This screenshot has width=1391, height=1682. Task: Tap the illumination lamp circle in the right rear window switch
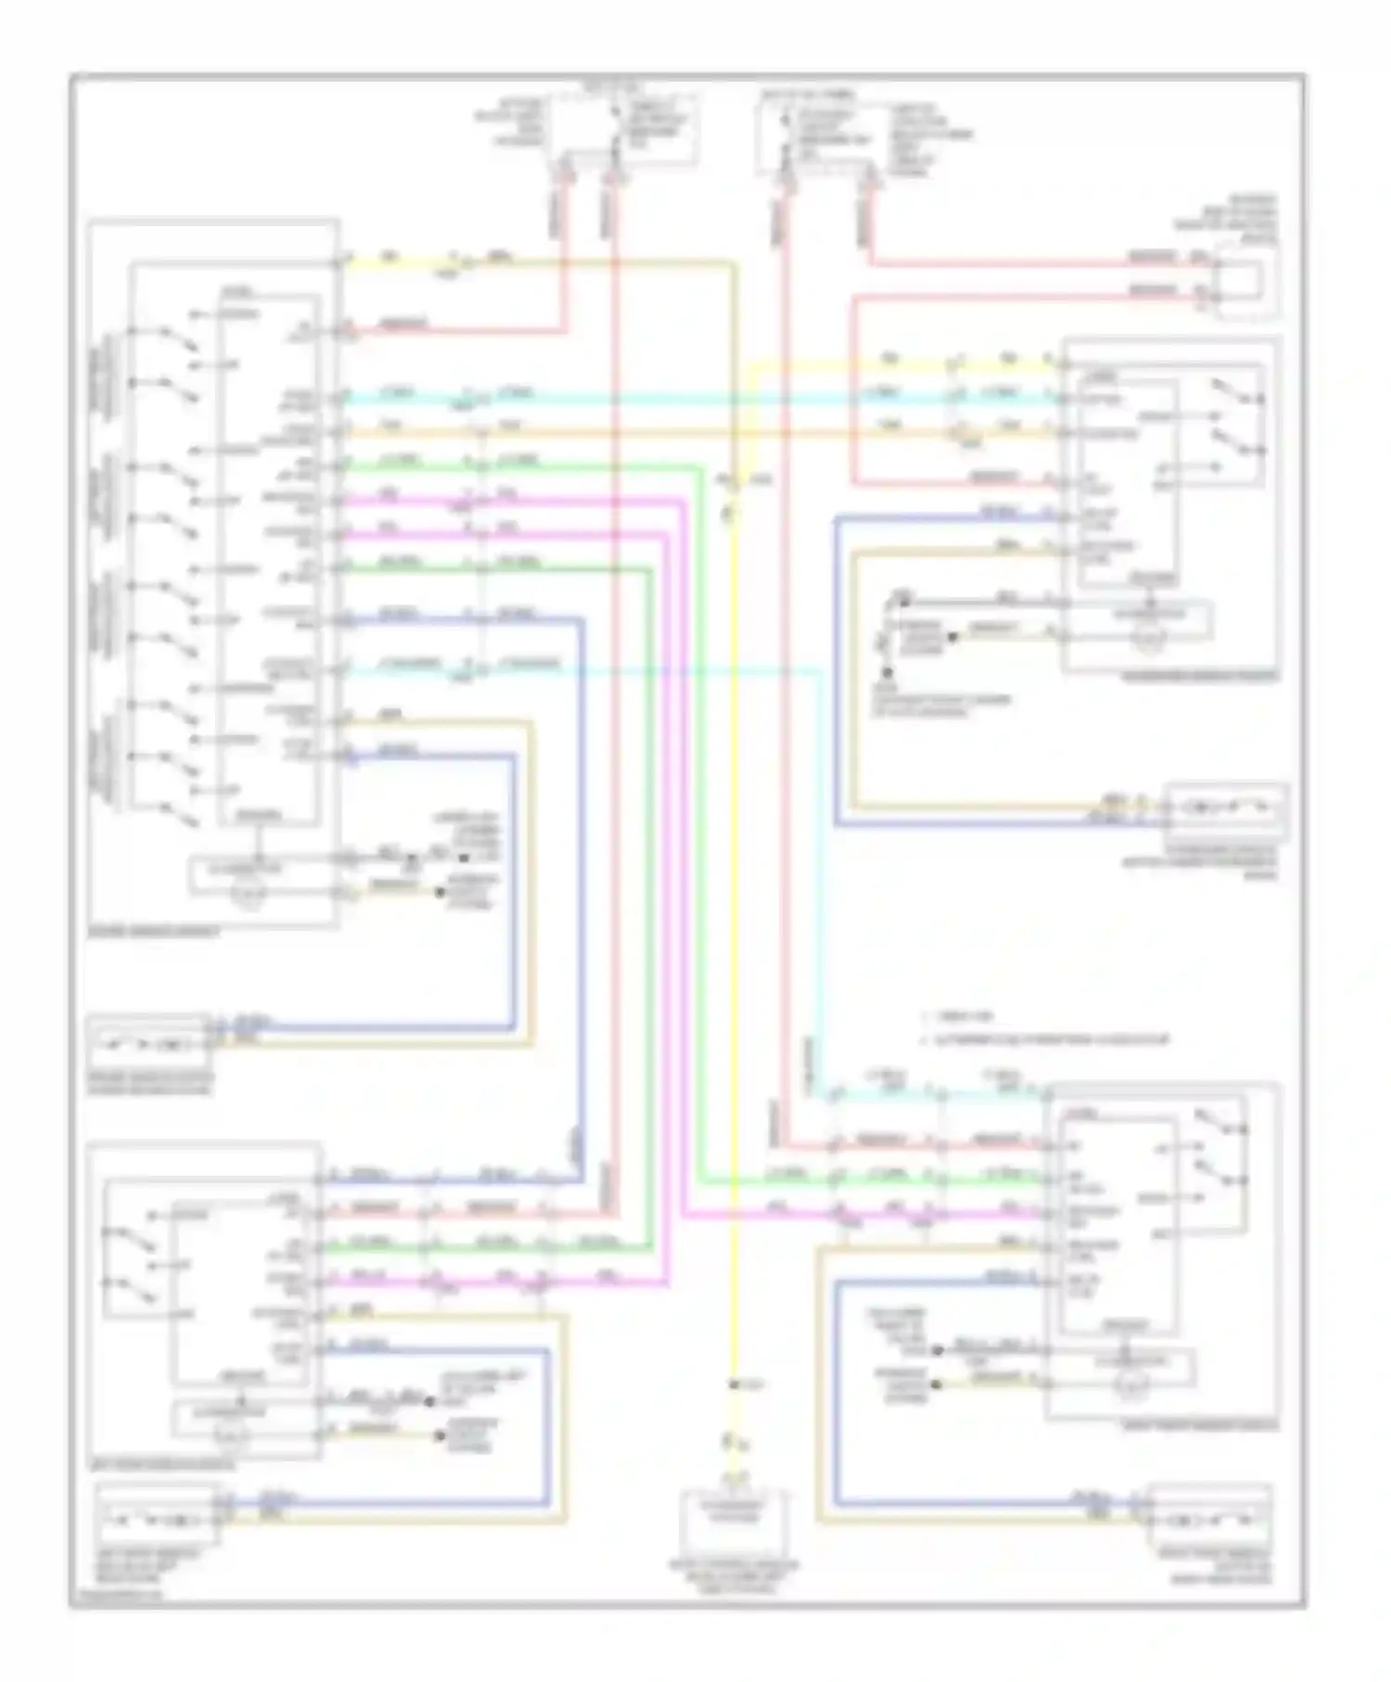point(1139,1385)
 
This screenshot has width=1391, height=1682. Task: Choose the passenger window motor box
point(1226,809)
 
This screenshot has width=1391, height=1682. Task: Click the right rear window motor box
point(1210,1521)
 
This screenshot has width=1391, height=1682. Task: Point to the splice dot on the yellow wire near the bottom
point(734,1384)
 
